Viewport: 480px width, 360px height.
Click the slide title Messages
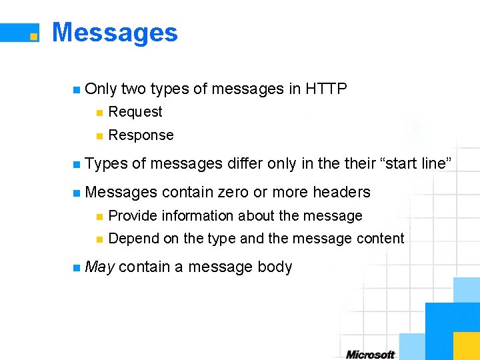click(115, 33)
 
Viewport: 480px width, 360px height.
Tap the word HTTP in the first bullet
click(327, 89)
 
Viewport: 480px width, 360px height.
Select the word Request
click(135, 112)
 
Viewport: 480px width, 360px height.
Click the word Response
click(141, 135)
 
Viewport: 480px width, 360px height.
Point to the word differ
click(245, 164)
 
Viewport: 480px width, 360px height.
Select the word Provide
click(133, 216)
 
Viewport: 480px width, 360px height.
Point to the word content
click(381, 239)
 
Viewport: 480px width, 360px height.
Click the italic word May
click(100, 267)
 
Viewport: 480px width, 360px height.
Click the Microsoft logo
click(370, 354)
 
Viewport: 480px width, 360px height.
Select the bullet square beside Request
click(99, 113)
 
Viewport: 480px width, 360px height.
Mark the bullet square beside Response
click(99, 136)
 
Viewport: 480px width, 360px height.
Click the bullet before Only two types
click(77, 89)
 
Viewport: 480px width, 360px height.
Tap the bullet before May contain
click(77, 268)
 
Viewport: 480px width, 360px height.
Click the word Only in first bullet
click(101, 89)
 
